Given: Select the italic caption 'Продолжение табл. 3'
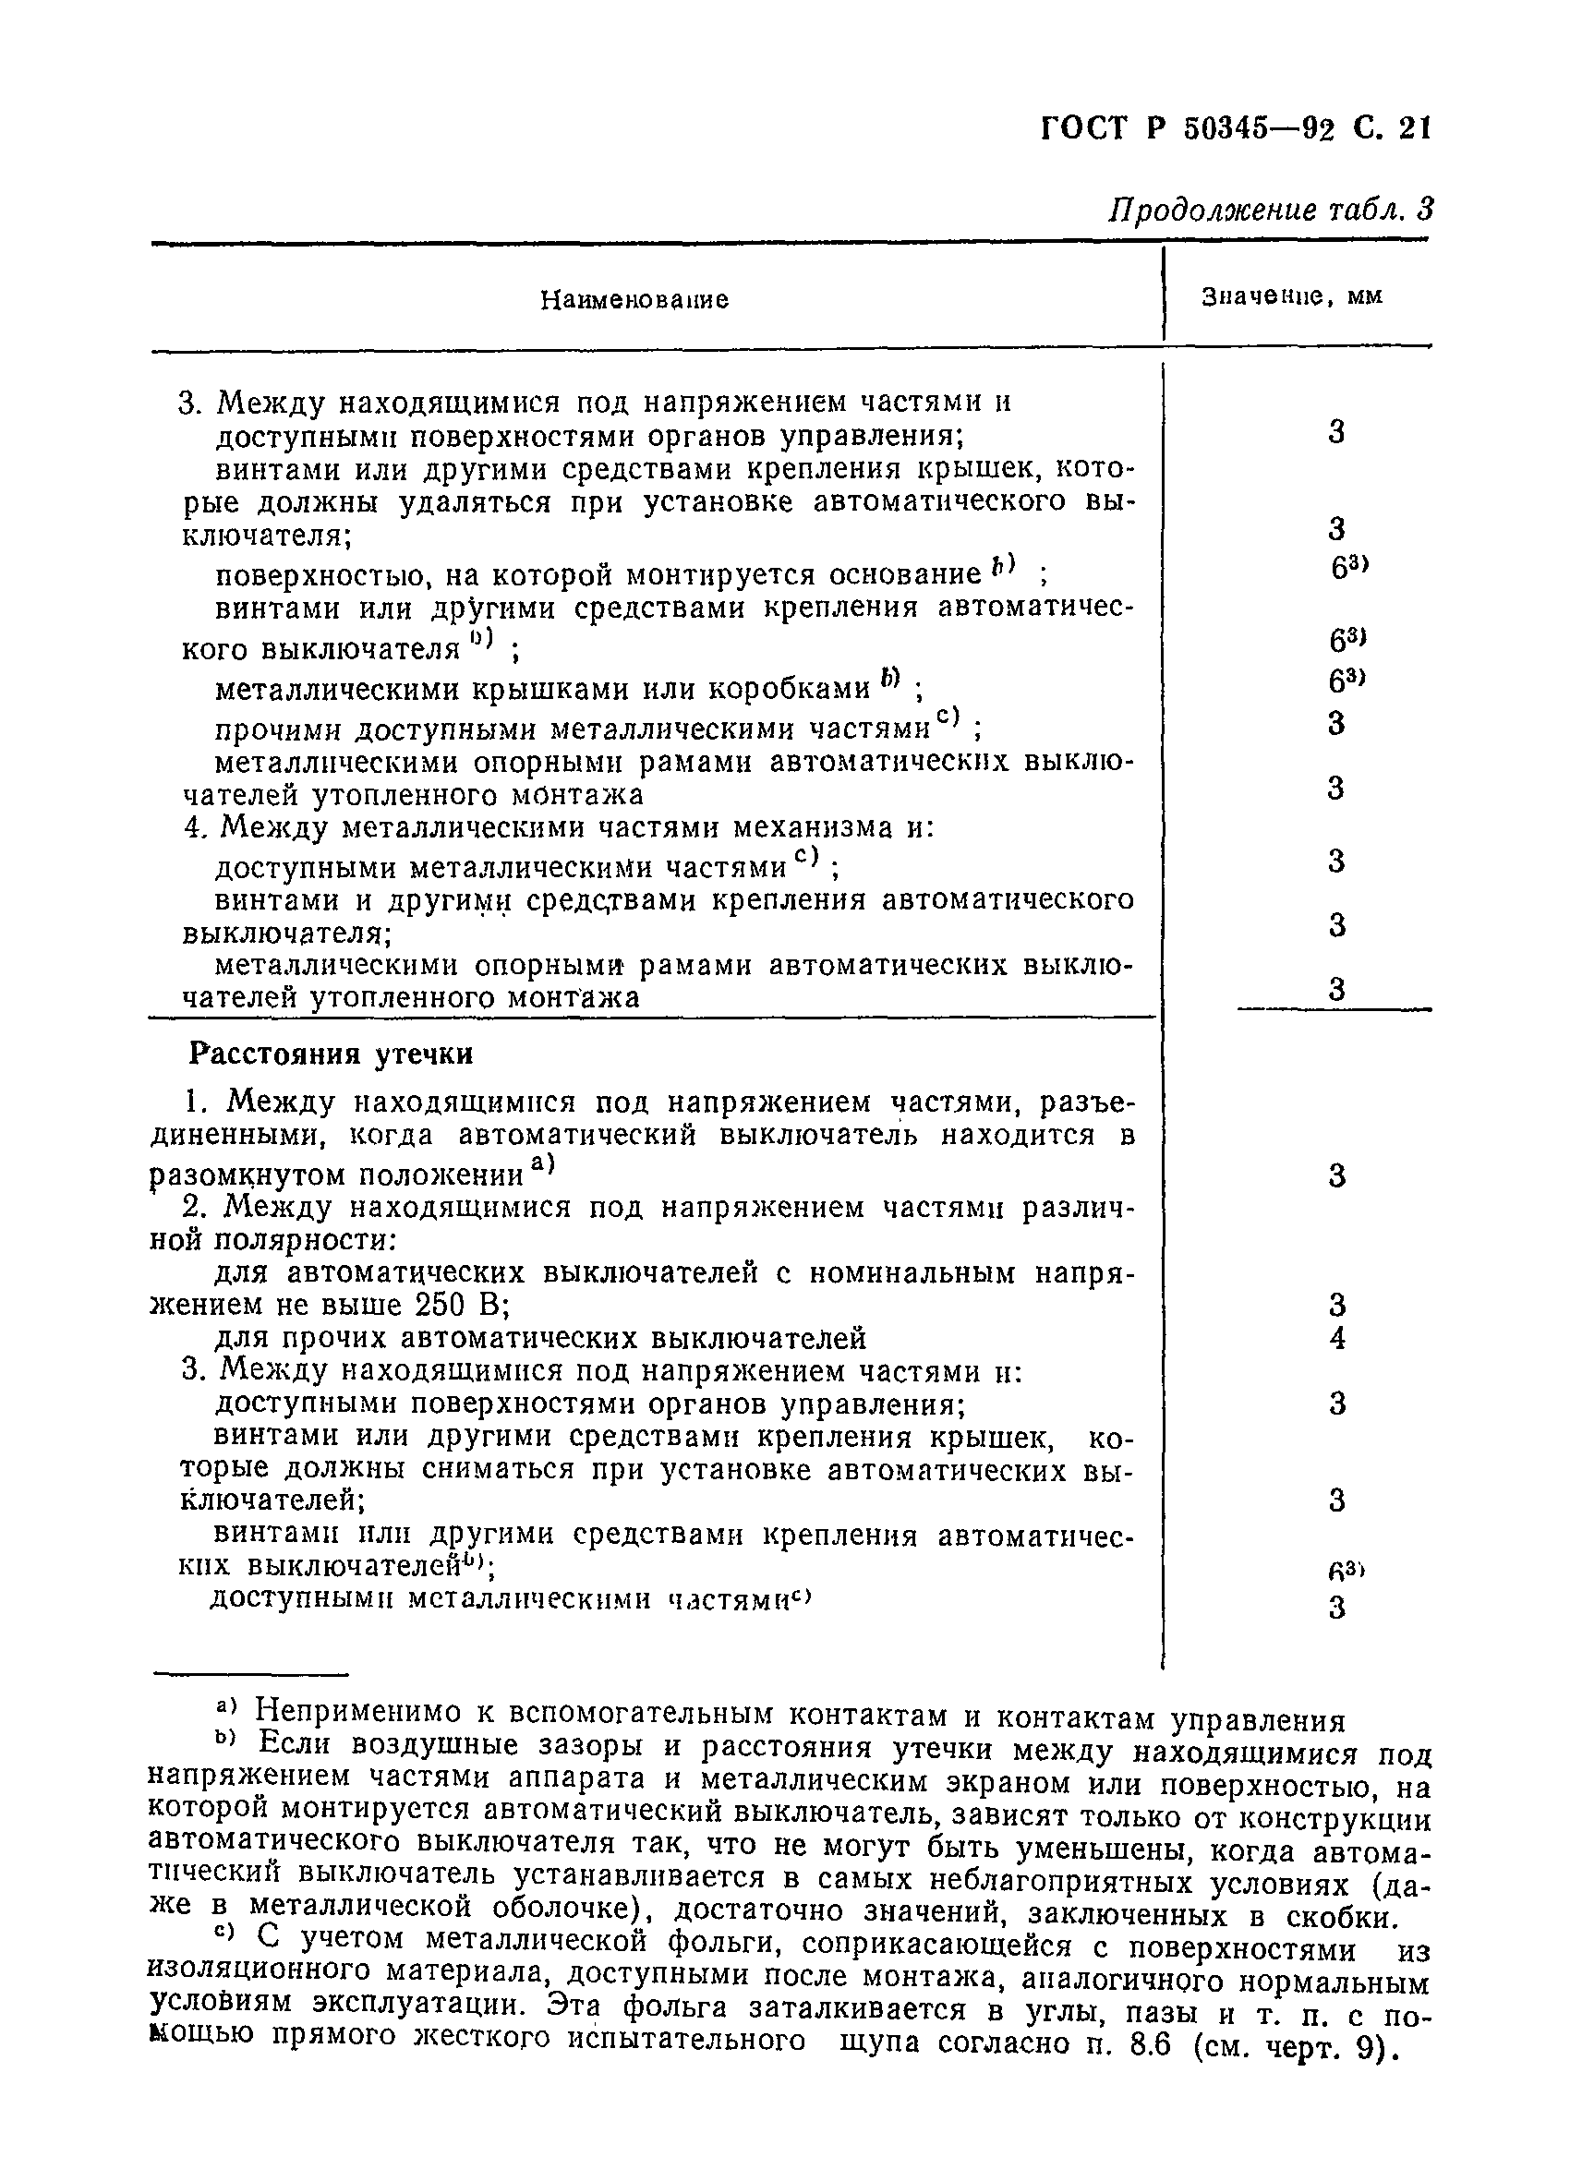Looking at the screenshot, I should pos(1271,210).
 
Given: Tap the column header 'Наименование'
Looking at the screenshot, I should pos(634,300).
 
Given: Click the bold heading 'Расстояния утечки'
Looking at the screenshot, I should pos(331,1054).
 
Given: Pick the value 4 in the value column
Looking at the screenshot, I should pos(1336,1339).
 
